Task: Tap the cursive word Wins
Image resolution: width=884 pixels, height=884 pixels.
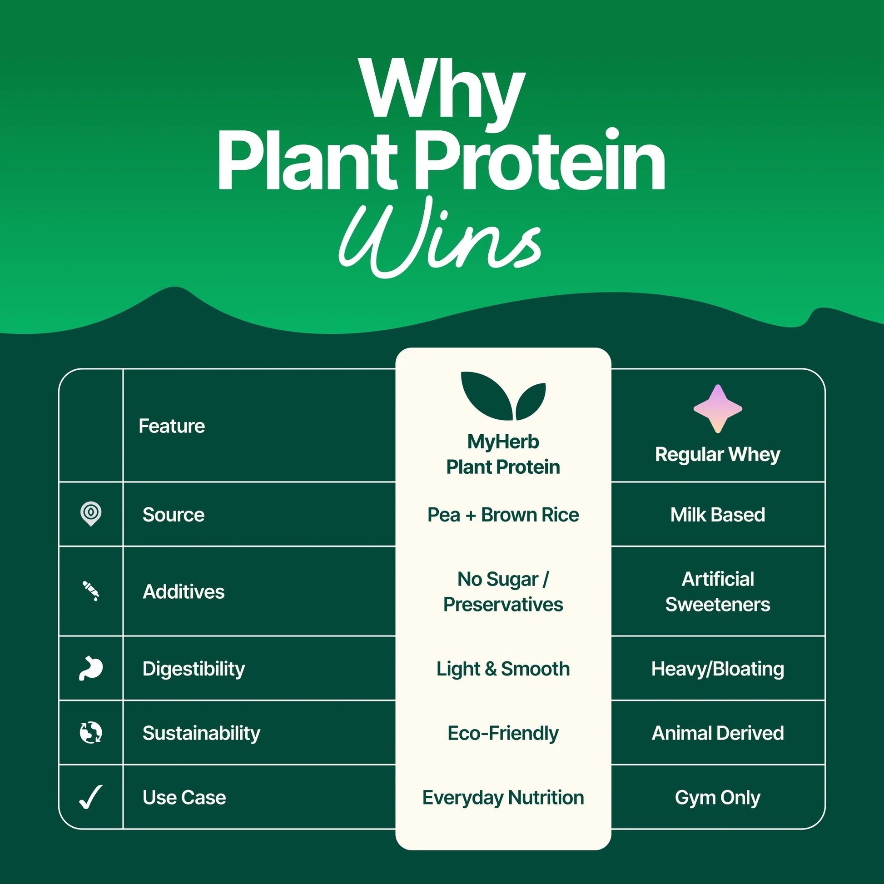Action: point(440,238)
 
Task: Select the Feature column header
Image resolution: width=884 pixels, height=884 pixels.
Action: point(172,426)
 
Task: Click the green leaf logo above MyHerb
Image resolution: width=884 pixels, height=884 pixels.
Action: point(503,396)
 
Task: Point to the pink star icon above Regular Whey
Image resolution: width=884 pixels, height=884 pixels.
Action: point(717,408)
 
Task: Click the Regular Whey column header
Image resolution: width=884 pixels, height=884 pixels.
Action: point(717,454)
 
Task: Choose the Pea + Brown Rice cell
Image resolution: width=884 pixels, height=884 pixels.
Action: point(503,515)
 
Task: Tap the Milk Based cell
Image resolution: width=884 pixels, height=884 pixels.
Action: point(717,515)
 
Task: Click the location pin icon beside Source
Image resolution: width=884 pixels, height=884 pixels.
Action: point(90,514)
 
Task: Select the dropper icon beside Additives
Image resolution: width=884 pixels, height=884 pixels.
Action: point(90,591)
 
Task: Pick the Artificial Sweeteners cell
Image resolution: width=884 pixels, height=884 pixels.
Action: point(717,591)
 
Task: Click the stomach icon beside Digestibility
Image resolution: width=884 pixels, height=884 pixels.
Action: point(90,669)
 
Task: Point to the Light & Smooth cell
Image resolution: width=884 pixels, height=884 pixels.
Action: point(503,669)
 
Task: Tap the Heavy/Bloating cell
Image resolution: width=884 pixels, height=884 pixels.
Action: point(717,669)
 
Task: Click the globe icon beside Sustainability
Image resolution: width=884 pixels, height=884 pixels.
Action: point(90,733)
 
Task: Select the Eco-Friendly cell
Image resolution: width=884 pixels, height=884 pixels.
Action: point(503,733)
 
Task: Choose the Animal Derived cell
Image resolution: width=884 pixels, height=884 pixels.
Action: point(717,733)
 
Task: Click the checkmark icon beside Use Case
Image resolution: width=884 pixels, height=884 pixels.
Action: point(90,798)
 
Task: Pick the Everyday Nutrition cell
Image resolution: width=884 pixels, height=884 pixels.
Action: point(503,798)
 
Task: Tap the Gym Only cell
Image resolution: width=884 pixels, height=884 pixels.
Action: point(717,798)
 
